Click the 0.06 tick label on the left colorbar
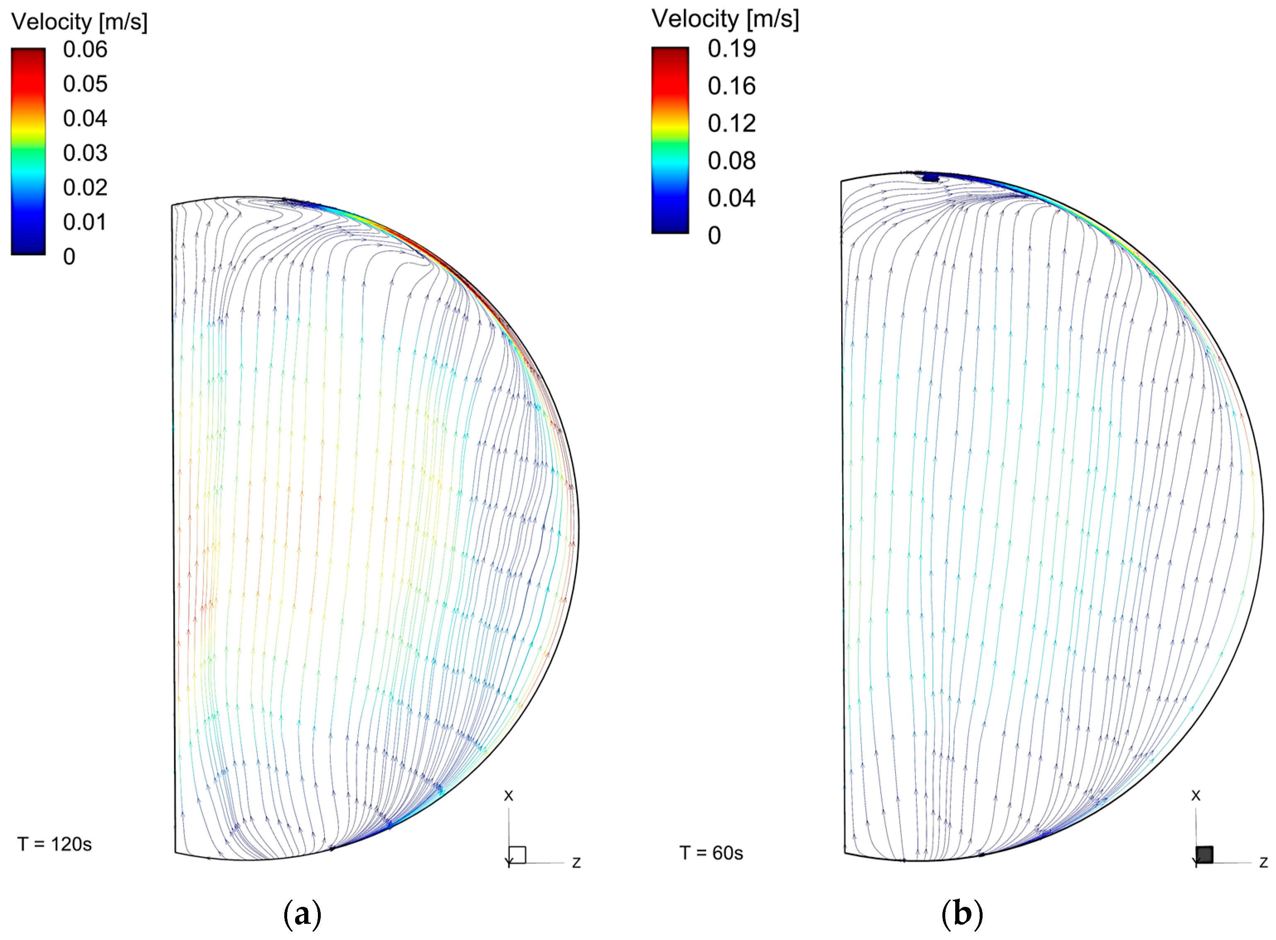click(85, 50)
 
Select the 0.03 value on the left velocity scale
click(85, 153)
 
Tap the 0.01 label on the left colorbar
click(85, 222)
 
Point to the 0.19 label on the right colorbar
click(731, 49)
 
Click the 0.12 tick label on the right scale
click(731, 123)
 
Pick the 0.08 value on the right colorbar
click(731, 161)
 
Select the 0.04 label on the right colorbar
click(731, 198)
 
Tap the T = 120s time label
click(55, 844)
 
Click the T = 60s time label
click(712, 853)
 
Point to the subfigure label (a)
click(302, 914)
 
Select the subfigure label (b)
click(962, 914)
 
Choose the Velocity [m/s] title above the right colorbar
click(725, 19)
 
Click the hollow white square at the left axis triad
click(517, 855)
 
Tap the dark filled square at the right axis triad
click(1204, 855)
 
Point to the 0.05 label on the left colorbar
click(85, 84)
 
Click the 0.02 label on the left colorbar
click(85, 188)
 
